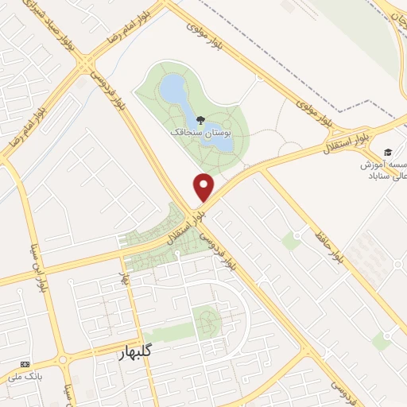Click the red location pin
click(x=204, y=186)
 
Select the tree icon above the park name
click(x=200, y=120)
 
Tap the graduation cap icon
click(x=387, y=152)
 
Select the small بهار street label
click(x=123, y=279)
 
